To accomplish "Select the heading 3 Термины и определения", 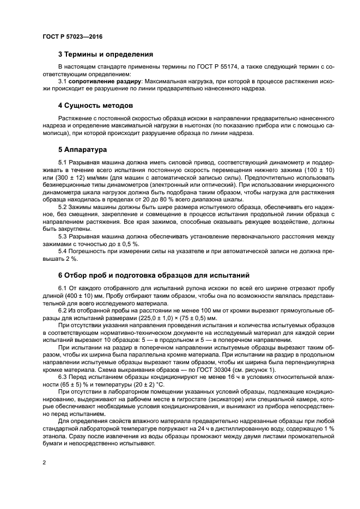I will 105,54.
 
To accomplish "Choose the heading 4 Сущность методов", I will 95,105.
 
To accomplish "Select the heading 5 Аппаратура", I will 83,149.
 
